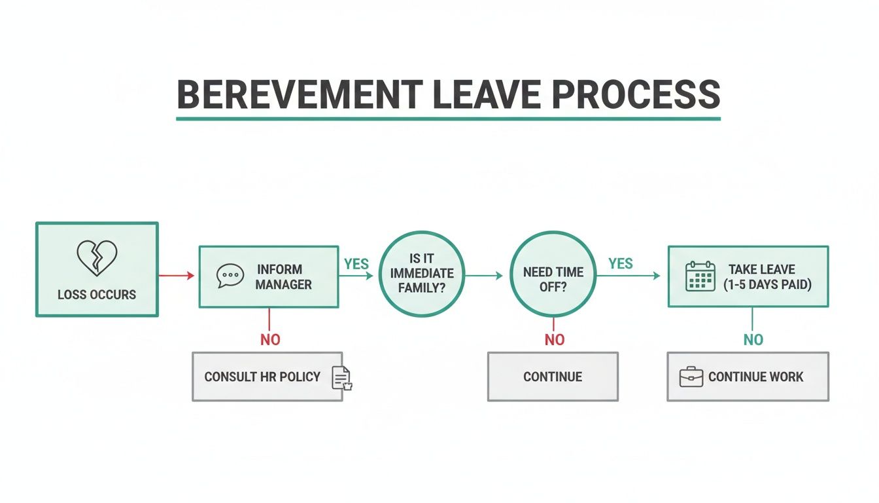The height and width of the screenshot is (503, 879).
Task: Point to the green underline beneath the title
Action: (448, 119)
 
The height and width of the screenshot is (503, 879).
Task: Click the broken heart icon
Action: (97, 257)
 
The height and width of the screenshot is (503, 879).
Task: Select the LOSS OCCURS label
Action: (97, 295)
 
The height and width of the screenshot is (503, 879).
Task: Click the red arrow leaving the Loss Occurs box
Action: (177, 276)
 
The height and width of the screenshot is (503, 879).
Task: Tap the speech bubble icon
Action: (229, 276)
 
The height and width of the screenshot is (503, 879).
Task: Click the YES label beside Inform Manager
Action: (356, 264)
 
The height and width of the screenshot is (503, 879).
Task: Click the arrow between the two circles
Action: (485, 276)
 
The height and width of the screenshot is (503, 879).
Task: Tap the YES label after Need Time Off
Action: (620, 263)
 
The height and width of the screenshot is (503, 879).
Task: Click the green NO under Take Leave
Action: (753, 339)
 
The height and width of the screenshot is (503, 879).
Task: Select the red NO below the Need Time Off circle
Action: (555, 339)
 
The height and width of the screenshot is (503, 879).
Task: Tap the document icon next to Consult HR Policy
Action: (341, 378)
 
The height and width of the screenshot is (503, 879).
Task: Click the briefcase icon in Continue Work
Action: (691, 377)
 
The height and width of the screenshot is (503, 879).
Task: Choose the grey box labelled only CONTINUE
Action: (553, 377)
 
